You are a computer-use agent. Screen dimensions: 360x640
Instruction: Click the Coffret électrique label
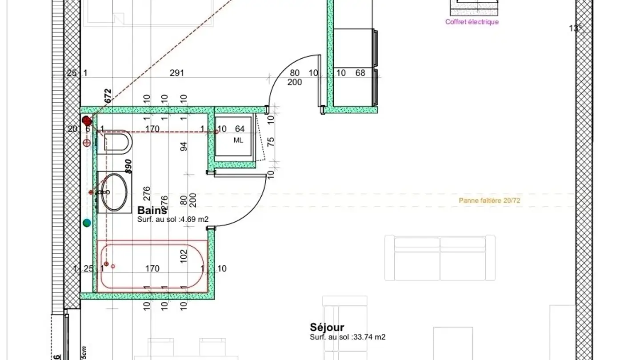click(472, 22)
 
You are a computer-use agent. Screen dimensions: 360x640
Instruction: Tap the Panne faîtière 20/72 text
click(489, 200)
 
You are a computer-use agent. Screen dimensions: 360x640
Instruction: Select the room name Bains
click(152, 210)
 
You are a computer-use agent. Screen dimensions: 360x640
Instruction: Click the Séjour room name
click(327, 328)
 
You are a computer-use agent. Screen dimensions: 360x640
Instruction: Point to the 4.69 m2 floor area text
click(173, 219)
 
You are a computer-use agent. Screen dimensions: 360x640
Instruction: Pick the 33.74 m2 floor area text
click(348, 337)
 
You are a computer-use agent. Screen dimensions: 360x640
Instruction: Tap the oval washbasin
click(114, 192)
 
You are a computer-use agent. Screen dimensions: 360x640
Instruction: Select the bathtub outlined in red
click(152, 267)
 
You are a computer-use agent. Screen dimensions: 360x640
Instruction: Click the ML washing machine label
click(239, 140)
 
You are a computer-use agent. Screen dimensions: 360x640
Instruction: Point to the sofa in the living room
click(440, 258)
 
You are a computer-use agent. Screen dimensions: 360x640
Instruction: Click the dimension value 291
click(177, 73)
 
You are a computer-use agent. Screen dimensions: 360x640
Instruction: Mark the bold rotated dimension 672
click(107, 96)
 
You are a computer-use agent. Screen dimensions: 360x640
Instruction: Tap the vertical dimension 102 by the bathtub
click(184, 256)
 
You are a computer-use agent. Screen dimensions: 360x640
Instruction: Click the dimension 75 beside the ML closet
click(271, 142)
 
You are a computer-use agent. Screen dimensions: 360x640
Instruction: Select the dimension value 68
click(360, 73)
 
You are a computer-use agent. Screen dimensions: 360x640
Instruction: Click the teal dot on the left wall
click(87, 223)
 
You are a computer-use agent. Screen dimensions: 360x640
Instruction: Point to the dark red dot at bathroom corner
click(87, 120)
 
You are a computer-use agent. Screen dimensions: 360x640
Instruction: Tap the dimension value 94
click(184, 146)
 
